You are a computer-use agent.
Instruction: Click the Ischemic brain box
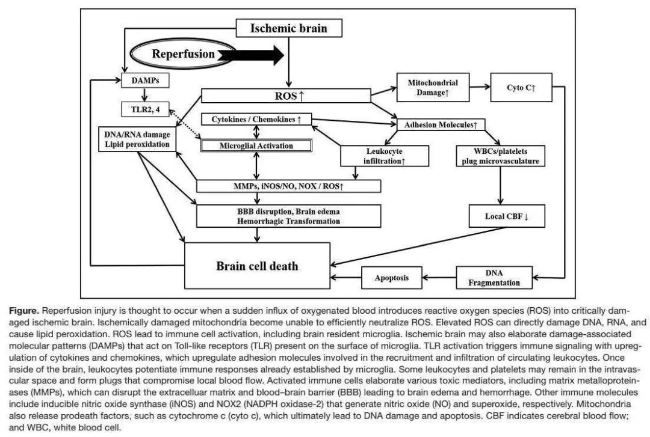click(288, 28)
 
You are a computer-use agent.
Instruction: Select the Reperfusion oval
click(183, 54)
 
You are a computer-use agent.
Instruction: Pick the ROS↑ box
click(285, 96)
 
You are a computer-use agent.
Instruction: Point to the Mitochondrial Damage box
click(433, 89)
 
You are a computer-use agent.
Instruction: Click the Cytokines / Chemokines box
click(256, 120)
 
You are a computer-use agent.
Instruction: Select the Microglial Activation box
click(256, 145)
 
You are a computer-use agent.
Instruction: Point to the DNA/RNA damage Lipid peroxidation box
click(138, 139)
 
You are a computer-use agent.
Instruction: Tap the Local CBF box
click(507, 216)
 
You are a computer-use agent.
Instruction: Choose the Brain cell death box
click(257, 266)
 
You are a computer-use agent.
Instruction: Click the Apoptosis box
click(392, 278)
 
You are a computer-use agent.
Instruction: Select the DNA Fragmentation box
click(495, 278)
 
